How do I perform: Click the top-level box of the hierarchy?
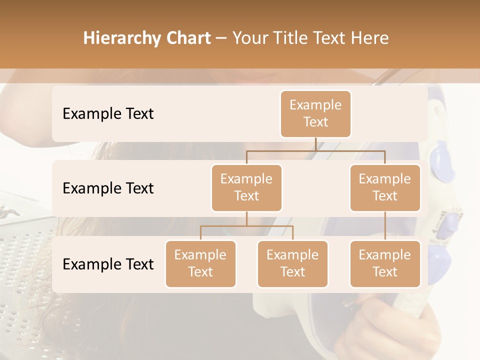point(315,113)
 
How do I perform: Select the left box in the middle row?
point(246,187)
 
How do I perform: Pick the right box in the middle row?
point(385,187)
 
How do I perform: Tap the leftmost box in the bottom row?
point(200,263)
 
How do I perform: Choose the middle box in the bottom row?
point(292,263)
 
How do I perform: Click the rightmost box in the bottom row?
point(385,263)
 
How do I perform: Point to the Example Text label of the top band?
point(108,114)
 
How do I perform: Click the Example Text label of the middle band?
point(108,188)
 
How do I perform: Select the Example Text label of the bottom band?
point(108,264)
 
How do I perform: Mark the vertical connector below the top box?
point(315,144)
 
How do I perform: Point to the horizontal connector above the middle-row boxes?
point(315,150)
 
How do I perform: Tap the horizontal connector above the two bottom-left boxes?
point(246,226)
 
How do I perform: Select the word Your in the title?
point(249,38)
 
